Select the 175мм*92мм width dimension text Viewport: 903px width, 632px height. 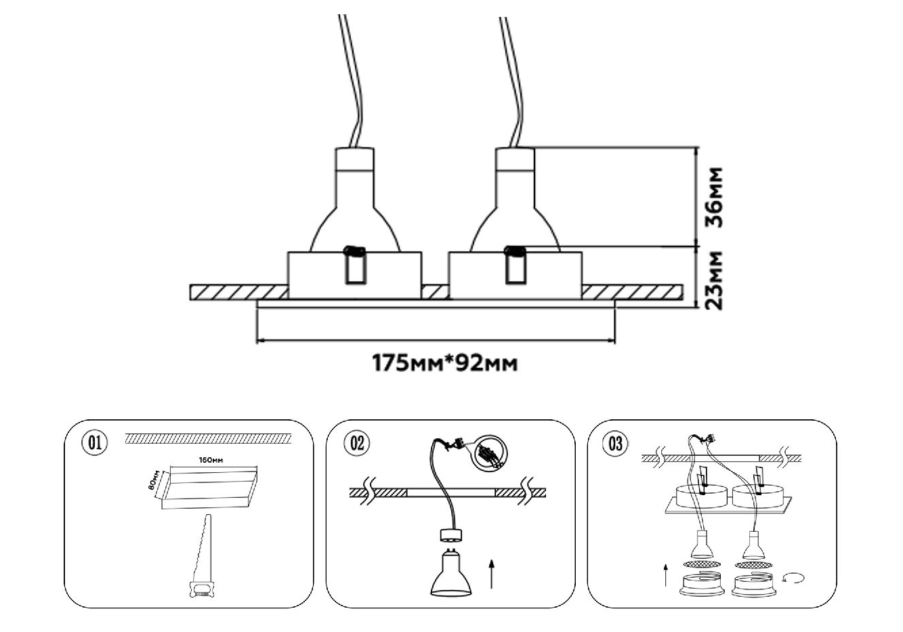(x=445, y=364)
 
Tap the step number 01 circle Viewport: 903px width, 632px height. (x=94, y=443)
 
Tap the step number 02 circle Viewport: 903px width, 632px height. (x=356, y=443)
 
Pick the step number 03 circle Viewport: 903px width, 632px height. (x=615, y=444)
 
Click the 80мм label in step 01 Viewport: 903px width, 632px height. (x=155, y=480)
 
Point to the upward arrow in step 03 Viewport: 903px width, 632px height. (x=667, y=575)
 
